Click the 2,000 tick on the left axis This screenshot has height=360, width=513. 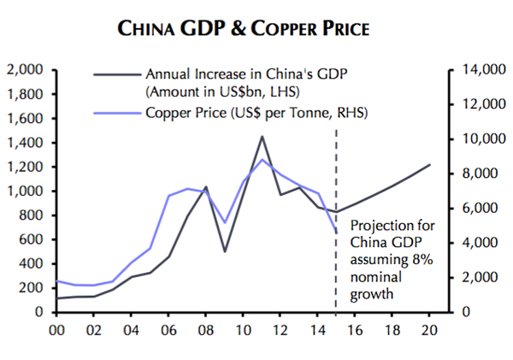click(27, 70)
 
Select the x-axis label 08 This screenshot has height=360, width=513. click(205, 329)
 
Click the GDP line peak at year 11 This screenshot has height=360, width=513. click(262, 136)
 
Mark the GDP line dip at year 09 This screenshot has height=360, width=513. click(225, 251)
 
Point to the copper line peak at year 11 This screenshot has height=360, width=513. click(262, 160)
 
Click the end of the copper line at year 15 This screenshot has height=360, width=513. click(336, 232)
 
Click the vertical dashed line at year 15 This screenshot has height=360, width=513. click(336, 171)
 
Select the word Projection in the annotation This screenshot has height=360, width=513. click(380, 227)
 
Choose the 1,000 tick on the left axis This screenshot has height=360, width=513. click(27, 192)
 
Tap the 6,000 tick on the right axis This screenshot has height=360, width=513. click(475, 209)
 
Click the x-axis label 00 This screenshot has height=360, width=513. click(58, 329)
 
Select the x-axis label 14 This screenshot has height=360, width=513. click(317, 329)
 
